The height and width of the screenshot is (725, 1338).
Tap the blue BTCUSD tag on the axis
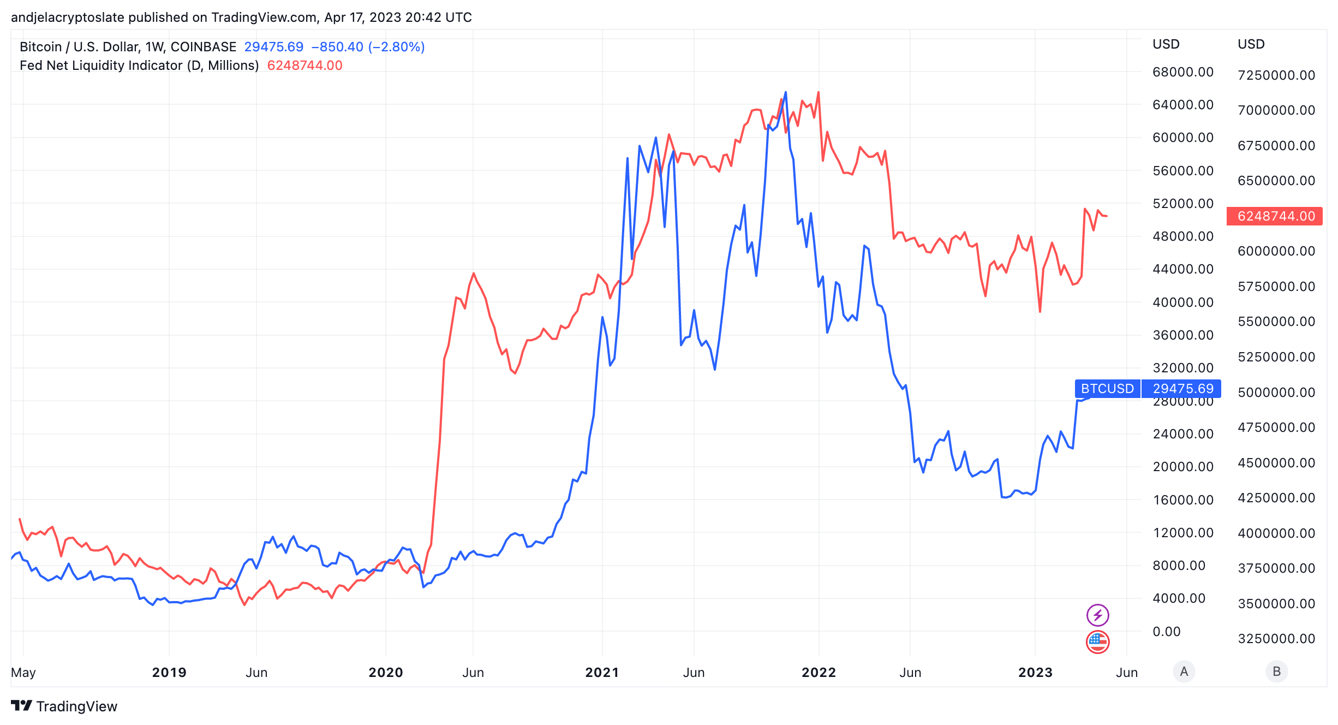pos(1107,389)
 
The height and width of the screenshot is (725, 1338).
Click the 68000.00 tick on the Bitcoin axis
pos(1182,72)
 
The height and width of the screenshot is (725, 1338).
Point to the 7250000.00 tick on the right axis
pos(1276,75)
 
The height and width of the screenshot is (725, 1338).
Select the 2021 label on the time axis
pos(602,673)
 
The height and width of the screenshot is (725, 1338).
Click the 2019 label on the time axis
pos(169,673)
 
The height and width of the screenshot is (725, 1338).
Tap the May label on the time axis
pos(23,673)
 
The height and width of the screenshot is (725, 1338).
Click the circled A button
pos(1184,671)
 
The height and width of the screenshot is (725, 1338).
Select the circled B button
pos(1276,671)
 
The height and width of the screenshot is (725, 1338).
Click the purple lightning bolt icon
pos(1097,615)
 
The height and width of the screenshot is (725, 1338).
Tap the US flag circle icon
pos(1097,641)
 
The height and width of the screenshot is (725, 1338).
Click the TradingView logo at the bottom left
pos(64,706)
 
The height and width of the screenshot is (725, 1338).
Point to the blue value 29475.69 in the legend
pos(273,47)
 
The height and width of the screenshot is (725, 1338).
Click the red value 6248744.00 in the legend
pos(304,66)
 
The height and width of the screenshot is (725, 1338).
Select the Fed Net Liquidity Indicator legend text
pos(139,66)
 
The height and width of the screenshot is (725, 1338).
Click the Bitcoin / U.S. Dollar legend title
pos(128,47)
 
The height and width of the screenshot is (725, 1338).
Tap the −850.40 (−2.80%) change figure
pos(368,47)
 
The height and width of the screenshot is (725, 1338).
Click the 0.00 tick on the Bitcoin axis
pos(1166,632)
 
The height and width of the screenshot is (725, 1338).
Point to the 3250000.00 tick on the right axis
pos(1276,639)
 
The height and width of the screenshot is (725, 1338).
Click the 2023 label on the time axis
pos(1035,673)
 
